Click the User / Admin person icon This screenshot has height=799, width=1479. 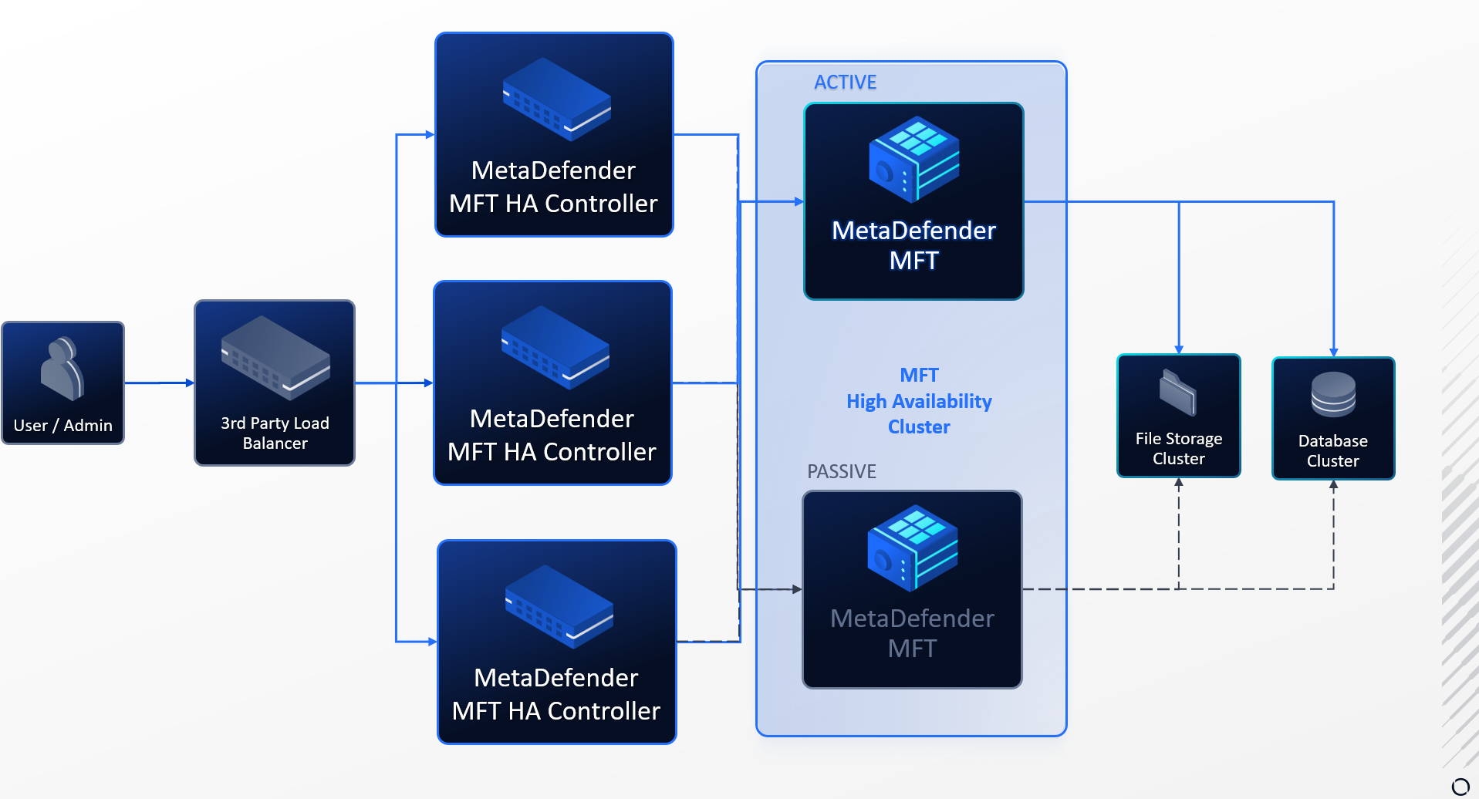tap(62, 369)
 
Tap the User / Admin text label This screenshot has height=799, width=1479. tap(62, 426)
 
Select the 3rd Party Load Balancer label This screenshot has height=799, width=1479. tap(275, 433)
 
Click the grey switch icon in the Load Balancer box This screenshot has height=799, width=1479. tap(275, 357)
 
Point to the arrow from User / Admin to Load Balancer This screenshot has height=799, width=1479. tap(159, 383)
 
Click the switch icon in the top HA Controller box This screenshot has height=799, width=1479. tap(556, 99)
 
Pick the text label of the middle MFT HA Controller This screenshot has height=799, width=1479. tap(552, 435)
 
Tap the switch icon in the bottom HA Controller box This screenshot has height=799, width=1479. tap(559, 606)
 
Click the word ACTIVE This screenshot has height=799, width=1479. tap(845, 83)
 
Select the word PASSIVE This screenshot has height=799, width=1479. tap(841, 471)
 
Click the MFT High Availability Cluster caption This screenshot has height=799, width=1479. tap(919, 401)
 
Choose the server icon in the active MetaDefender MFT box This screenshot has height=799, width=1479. tap(914, 160)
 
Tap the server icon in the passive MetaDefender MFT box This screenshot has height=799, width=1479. tap(913, 548)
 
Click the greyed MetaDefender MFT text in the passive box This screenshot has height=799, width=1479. tap(912, 633)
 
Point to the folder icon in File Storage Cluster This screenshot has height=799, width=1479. tap(1178, 392)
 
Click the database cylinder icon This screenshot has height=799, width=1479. tap(1333, 394)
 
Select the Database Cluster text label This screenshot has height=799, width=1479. tap(1332, 451)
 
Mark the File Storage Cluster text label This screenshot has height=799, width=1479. tap(1178, 449)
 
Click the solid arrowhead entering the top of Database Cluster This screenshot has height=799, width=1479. tap(1333, 352)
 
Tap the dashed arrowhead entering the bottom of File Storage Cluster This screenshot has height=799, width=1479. tap(1178, 484)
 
